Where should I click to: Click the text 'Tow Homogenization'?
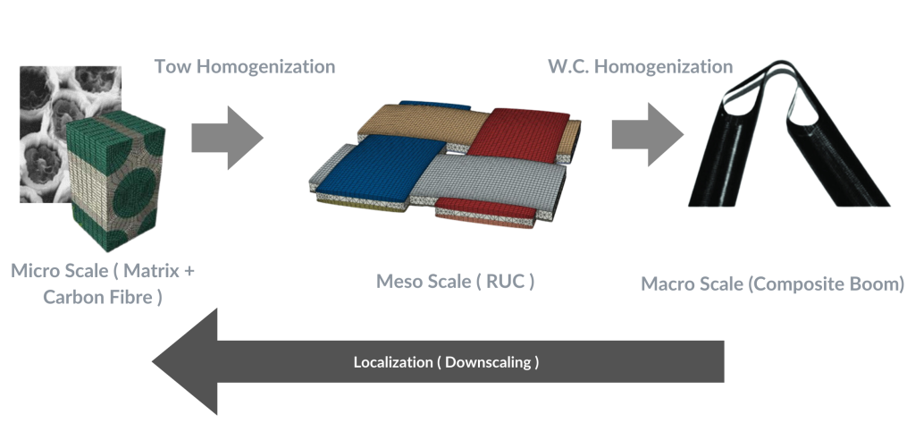pos(244,67)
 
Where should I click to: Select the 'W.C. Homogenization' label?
pos(640,67)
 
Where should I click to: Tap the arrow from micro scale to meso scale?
pos(229,137)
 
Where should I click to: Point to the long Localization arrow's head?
pos(183,362)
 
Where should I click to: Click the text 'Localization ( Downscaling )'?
pos(446,363)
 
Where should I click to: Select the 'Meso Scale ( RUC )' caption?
pos(456,283)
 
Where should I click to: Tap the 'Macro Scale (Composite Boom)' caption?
pos(773,284)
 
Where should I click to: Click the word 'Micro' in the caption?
pos(37,269)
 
